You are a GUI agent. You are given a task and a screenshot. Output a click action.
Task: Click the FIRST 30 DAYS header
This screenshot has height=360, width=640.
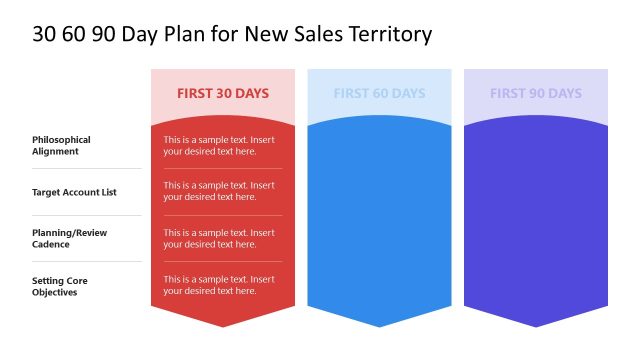click(x=223, y=93)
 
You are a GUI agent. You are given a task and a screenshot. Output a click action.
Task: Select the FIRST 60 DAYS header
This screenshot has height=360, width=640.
click(x=379, y=93)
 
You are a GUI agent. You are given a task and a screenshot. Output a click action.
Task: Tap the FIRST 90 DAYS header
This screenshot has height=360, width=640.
click(x=535, y=93)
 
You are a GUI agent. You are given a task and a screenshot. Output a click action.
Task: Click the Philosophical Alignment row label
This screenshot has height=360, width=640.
click(x=61, y=145)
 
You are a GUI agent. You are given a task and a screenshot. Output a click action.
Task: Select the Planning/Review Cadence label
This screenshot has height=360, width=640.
click(x=69, y=238)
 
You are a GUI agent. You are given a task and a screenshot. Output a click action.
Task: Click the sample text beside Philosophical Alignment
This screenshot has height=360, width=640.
click(x=219, y=145)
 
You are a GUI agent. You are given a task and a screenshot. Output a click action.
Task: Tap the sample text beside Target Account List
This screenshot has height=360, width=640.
click(x=219, y=191)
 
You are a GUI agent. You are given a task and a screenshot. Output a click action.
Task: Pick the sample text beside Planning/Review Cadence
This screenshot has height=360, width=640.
click(x=219, y=238)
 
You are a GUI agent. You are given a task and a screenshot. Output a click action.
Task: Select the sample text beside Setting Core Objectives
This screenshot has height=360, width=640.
click(x=219, y=285)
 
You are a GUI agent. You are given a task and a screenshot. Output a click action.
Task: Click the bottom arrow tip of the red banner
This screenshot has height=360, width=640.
click(x=223, y=325)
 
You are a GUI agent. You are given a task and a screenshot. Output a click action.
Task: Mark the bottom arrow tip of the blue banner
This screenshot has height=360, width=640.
click(x=379, y=325)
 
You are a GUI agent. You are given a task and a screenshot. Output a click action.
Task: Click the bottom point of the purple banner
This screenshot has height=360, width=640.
click(x=535, y=325)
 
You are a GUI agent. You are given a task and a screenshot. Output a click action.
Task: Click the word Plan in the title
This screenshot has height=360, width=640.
click(x=188, y=34)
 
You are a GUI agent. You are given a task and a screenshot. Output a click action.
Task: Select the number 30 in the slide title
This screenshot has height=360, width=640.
click(x=45, y=34)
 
